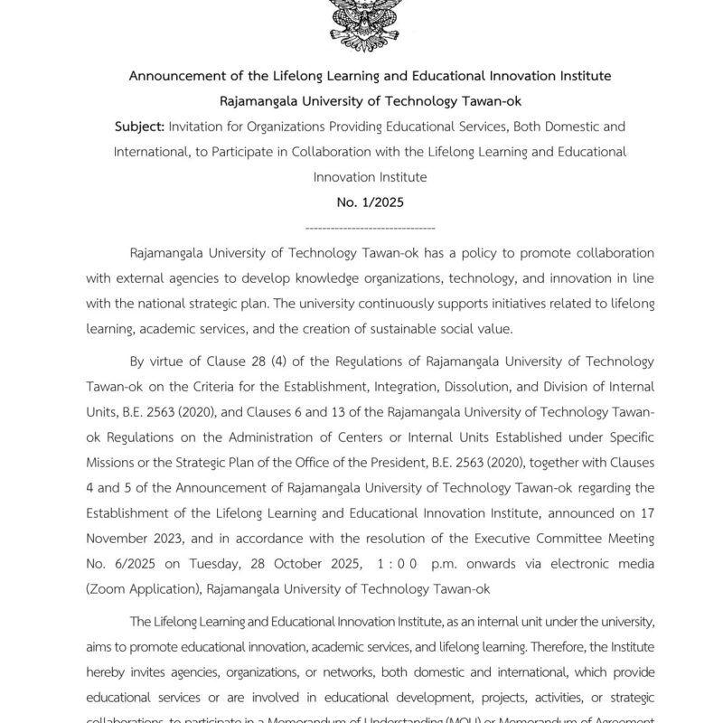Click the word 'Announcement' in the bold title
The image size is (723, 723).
177,75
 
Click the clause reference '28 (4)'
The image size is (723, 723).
267,362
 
